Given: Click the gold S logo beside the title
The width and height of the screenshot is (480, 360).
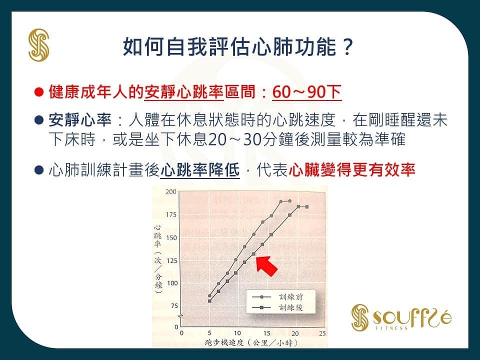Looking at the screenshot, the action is (x=39, y=45).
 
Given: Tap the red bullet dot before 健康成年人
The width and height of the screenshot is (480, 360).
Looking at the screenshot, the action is (x=39, y=92).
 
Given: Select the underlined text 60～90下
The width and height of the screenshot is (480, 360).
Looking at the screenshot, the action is (x=306, y=92).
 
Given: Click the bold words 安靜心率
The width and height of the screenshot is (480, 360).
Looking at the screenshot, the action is (x=80, y=120).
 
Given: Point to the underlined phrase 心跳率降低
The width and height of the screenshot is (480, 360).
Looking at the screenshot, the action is (x=200, y=170).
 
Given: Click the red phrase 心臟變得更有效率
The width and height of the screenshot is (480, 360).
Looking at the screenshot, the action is (x=351, y=169).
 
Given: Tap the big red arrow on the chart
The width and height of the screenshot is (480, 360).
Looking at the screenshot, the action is (x=266, y=265).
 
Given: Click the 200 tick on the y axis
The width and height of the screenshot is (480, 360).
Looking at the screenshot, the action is (x=171, y=192).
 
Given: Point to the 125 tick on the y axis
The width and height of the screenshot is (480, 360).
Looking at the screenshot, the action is (x=171, y=261).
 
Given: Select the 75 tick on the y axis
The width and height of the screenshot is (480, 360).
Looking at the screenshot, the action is (x=174, y=306).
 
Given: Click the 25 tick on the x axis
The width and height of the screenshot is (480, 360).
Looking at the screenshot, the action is (x=322, y=333).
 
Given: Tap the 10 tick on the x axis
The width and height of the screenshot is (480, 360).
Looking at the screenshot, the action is (x=237, y=333).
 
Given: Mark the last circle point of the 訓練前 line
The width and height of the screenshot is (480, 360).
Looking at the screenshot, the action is (x=289, y=201).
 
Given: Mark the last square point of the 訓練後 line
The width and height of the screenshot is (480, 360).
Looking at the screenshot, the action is (x=307, y=207).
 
